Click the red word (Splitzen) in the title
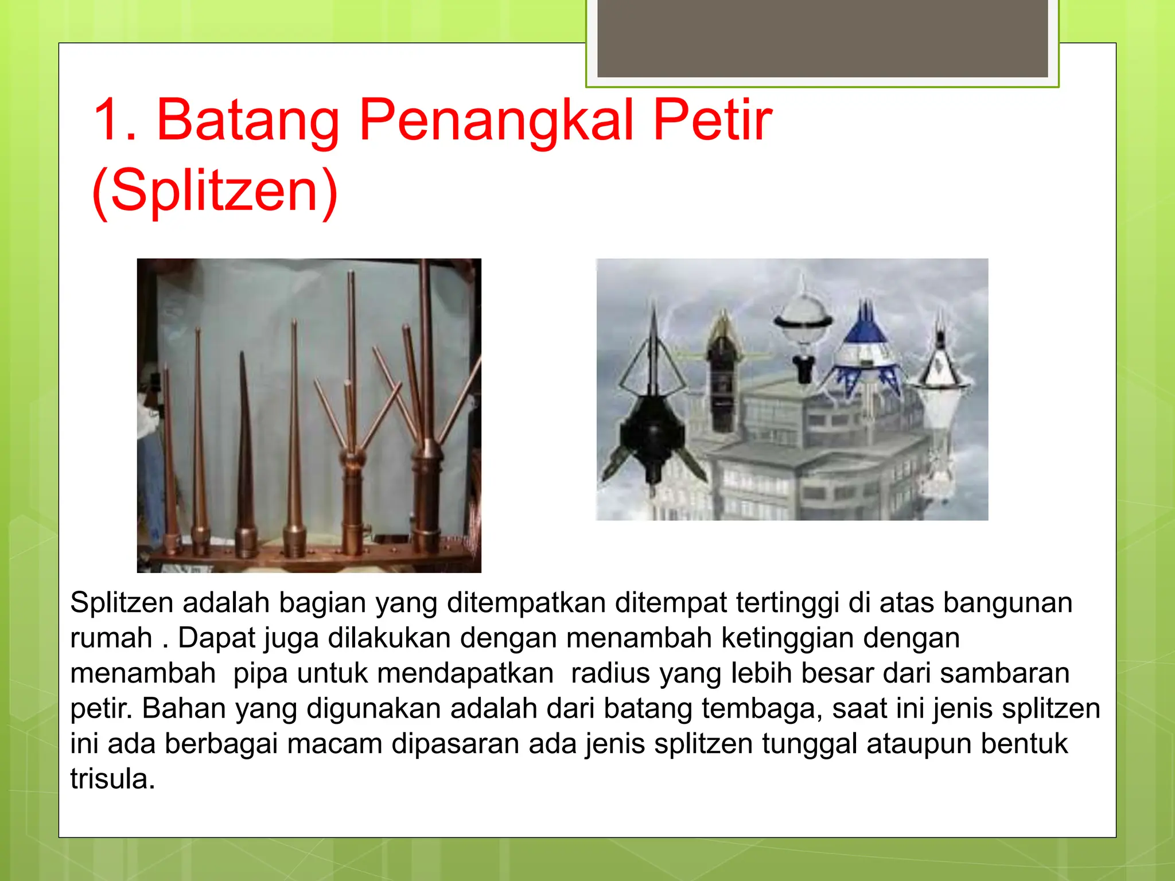point(215,190)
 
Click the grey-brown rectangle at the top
point(822,38)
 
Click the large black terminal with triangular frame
point(653,401)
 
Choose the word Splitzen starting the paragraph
point(122,603)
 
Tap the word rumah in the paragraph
point(111,638)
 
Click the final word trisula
point(112,779)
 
